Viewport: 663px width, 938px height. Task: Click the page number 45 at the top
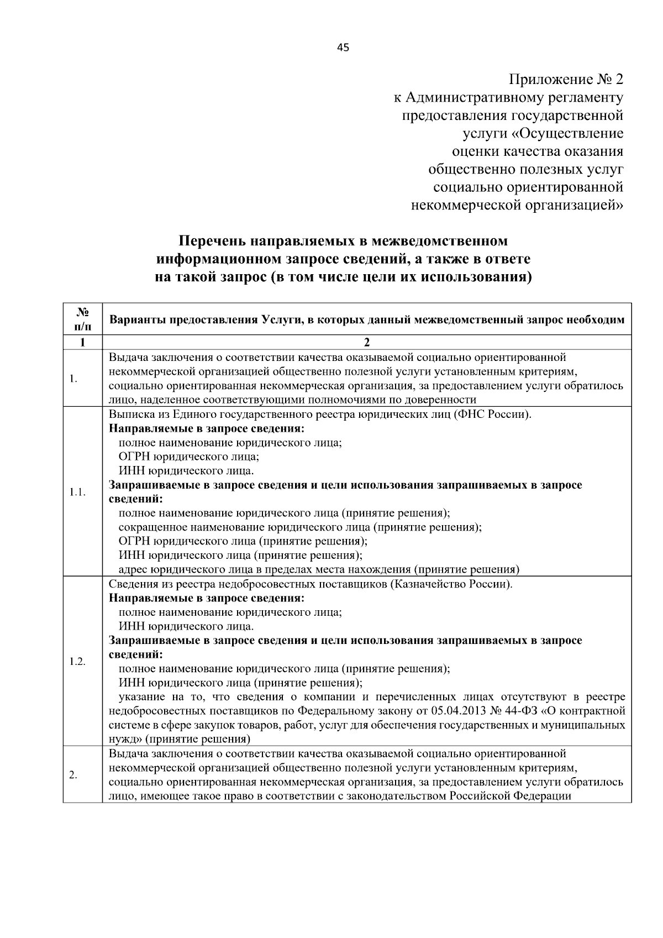point(343,48)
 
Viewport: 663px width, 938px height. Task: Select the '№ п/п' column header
point(82,319)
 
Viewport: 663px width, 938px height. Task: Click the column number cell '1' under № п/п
point(82,343)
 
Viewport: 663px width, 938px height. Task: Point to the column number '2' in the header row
point(366,343)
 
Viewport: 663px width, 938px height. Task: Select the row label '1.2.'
point(77,662)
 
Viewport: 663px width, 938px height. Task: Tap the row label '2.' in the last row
point(73,775)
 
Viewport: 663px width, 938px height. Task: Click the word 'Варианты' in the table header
point(135,319)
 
